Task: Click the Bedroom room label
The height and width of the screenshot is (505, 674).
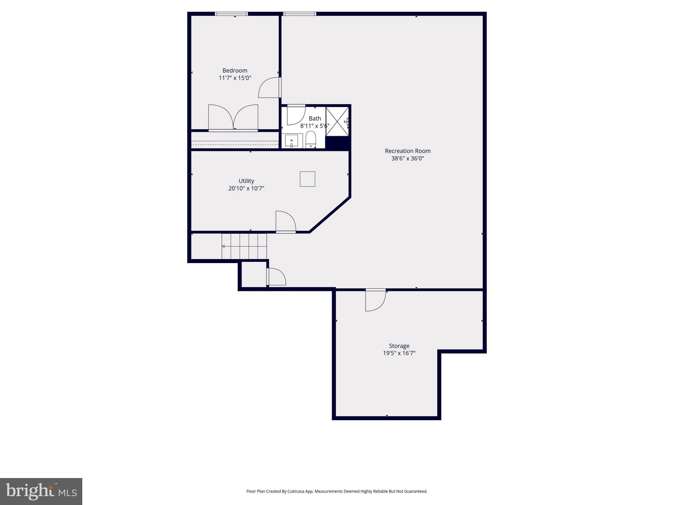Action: [x=235, y=70]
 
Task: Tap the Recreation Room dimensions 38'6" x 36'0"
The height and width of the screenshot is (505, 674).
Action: [x=407, y=158]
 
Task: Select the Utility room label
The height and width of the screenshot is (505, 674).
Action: [x=246, y=181]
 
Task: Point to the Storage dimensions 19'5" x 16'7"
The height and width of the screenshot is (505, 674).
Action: [x=399, y=353]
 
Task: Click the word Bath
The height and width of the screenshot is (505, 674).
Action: [x=315, y=118]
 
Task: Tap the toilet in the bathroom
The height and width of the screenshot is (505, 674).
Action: [x=311, y=139]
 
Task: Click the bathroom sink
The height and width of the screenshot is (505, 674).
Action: [x=292, y=141]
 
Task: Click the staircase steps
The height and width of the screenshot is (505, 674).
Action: [x=244, y=246]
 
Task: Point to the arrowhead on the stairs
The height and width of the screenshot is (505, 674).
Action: [x=223, y=246]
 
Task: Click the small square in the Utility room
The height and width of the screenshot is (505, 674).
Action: [x=307, y=179]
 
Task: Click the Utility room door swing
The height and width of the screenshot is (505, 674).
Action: [x=285, y=221]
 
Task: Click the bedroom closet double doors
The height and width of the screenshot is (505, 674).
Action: [x=233, y=118]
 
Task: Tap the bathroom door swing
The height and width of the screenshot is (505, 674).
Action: [x=296, y=115]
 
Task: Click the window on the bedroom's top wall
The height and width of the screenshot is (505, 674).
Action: [x=231, y=14]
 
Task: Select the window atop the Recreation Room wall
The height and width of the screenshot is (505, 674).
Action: [x=299, y=14]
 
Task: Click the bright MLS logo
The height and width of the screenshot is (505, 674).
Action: [x=41, y=491]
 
